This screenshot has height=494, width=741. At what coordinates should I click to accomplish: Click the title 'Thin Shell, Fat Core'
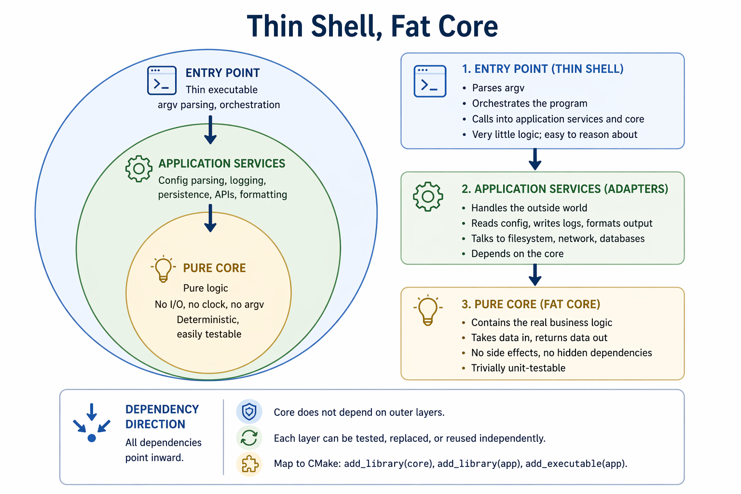pos(372,26)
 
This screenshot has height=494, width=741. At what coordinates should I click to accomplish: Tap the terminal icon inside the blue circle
pos(162,81)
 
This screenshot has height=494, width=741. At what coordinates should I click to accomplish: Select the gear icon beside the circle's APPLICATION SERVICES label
pos(139,168)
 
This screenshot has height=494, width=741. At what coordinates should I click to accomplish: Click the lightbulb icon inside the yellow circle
pos(163,269)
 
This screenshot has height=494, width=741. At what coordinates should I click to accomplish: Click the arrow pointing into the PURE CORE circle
pos(210,218)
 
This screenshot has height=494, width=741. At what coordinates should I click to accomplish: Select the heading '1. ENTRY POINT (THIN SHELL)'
pos(542,69)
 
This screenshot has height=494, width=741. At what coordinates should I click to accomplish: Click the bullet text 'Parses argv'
pos(498,88)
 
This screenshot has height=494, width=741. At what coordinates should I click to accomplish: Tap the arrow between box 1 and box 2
pos(535,159)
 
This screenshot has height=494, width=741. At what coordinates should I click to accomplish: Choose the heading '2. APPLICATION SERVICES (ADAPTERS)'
pos(564,189)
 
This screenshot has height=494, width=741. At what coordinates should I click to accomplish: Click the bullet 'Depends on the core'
pos(517,254)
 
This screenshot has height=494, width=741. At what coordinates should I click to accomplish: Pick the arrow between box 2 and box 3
pos(535,275)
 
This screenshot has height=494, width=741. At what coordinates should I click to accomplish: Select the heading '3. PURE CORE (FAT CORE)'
pos(531,304)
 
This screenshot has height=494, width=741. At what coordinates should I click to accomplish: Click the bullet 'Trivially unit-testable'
pos(518,368)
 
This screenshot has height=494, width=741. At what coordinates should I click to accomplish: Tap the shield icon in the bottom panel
pos(249,412)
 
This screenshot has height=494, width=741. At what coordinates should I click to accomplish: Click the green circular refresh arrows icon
pos(249,438)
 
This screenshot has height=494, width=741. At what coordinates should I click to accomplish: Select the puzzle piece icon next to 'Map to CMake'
pos(249,464)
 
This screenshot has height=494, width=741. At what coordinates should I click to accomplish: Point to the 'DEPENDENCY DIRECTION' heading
pos(162,416)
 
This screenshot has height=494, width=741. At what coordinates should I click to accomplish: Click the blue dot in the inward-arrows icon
pos(92,438)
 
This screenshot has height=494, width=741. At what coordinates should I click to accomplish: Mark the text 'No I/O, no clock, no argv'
pos(209,304)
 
